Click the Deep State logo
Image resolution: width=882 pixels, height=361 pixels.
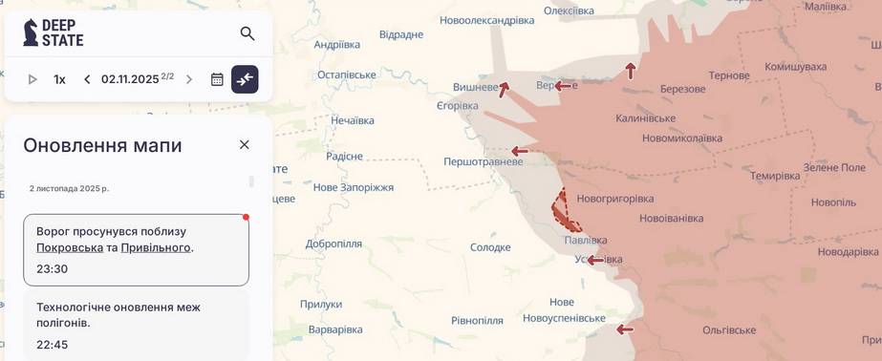click(53, 33)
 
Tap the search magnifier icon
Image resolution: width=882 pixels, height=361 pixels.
click(247, 33)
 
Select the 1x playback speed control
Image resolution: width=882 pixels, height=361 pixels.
click(59, 79)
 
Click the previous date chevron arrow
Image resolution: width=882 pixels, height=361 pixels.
click(87, 79)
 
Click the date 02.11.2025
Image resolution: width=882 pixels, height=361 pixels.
click(130, 79)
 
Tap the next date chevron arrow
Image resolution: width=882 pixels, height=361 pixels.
click(189, 79)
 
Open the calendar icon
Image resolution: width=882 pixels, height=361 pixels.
click(217, 79)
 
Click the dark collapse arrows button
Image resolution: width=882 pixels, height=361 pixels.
click(245, 79)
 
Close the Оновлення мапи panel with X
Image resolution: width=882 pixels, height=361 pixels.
click(244, 144)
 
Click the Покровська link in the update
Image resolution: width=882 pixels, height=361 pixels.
click(70, 247)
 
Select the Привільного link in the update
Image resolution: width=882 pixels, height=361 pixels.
click(156, 247)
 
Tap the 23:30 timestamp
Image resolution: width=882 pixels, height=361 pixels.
click(52, 268)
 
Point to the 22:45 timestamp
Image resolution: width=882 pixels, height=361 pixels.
click(52, 344)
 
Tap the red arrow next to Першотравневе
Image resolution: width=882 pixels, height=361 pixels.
click(520, 151)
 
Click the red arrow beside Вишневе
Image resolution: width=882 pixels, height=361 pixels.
click(504, 90)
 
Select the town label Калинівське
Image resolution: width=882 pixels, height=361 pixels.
click(645, 118)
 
